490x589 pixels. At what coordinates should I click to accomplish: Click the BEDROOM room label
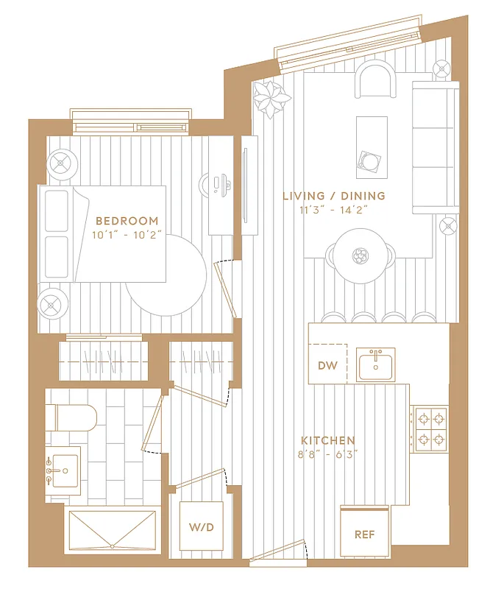[x=127, y=220]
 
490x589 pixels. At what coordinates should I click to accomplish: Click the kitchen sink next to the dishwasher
[x=376, y=364]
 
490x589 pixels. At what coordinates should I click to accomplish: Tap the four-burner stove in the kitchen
[x=430, y=428]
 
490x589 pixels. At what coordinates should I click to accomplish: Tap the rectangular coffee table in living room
[x=372, y=147]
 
